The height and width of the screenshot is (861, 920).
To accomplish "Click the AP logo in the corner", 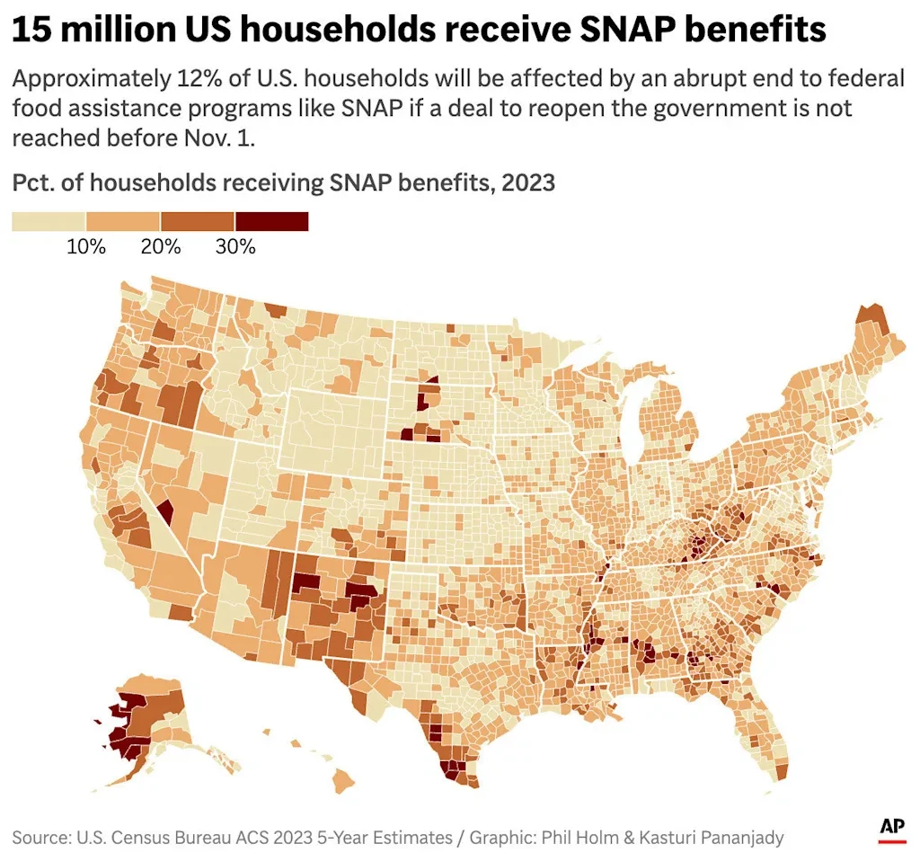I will tap(891, 830).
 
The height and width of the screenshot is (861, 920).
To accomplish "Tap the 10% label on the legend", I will tap(86, 246).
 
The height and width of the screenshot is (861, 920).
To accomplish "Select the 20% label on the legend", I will tap(161, 246).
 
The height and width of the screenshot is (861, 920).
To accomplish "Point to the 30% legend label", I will tap(235, 246).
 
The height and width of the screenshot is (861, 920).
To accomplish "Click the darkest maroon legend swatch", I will tap(271, 221).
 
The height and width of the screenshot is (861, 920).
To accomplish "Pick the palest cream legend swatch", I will tap(49, 221).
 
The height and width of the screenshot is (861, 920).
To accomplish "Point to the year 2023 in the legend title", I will tap(528, 182).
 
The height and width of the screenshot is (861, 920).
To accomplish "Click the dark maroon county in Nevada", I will tap(164, 513).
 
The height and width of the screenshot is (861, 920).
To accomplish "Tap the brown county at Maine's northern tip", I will tap(869, 317).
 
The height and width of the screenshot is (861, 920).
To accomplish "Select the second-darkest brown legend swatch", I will tap(197, 221).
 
